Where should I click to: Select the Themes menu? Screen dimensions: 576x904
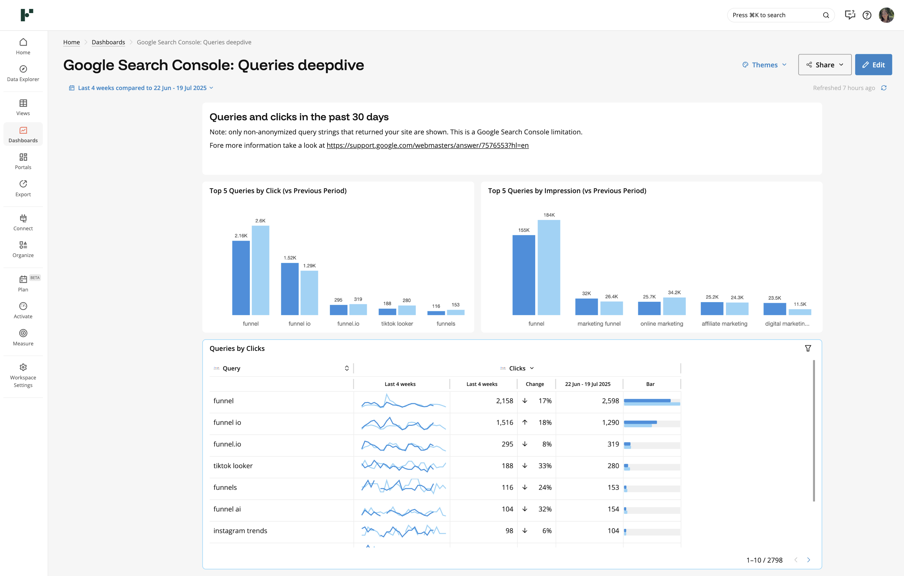click(x=764, y=65)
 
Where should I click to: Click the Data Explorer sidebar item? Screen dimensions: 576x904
click(x=23, y=73)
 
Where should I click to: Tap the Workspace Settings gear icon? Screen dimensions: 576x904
click(x=23, y=367)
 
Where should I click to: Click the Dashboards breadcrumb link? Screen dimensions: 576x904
click(x=108, y=42)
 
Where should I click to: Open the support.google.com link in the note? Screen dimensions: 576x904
click(x=427, y=145)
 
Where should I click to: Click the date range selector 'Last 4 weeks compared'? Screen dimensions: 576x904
click(x=142, y=88)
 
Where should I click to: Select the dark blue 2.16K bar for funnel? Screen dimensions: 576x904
click(x=241, y=278)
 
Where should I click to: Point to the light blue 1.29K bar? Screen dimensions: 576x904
click(x=309, y=293)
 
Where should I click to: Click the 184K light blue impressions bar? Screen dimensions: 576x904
click(x=549, y=267)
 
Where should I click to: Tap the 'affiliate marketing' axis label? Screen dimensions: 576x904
click(x=724, y=323)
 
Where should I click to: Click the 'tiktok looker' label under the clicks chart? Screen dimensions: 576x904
click(x=397, y=323)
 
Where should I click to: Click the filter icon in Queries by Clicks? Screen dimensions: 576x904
click(x=808, y=348)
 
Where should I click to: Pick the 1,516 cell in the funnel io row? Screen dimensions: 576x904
click(x=504, y=422)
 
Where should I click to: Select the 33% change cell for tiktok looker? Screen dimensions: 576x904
click(x=544, y=466)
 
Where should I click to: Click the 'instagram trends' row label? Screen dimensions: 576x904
click(x=240, y=531)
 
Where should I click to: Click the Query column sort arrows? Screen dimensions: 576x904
click(x=346, y=368)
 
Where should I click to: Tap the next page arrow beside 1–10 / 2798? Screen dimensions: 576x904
click(x=808, y=560)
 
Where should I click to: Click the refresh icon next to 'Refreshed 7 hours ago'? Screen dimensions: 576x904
click(x=884, y=88)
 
